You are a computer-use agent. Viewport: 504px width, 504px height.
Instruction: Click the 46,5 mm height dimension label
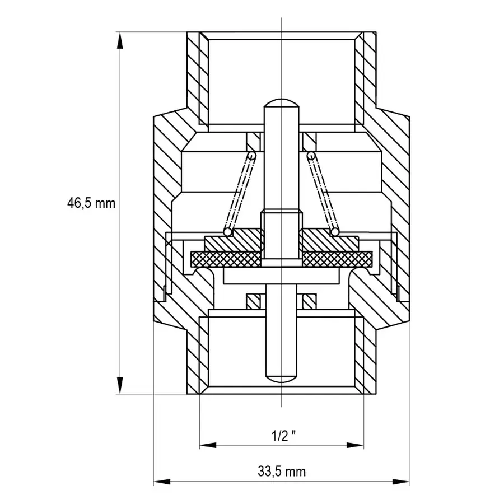coord(91,203)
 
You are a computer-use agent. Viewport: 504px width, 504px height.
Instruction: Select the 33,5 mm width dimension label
coord(282,472)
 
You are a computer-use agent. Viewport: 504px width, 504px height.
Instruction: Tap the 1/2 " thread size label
coord(283,436)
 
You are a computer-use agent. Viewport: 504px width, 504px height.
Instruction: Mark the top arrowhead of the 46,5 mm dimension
coord(120,40)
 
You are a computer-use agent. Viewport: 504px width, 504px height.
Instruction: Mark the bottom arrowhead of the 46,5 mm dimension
coord(120,385)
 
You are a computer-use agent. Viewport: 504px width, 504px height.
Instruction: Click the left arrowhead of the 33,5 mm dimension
coord(162,482)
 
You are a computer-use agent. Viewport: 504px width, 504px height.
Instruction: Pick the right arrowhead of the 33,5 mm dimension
coord(401,482)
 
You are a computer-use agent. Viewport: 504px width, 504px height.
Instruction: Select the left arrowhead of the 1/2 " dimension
coord(208,445)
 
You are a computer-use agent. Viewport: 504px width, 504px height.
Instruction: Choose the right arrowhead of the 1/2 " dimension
coord(355,445)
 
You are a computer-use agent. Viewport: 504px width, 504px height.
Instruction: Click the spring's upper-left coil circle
coord(253,156)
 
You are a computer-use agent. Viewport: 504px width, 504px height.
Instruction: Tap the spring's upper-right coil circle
coord(310,156)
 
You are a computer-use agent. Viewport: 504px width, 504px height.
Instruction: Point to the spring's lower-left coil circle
coord(228,232)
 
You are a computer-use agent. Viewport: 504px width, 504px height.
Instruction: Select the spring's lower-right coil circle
coord(335,232)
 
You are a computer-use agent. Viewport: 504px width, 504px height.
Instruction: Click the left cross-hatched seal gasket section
coord(226,259)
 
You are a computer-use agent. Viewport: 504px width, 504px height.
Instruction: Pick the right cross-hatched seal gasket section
coord(337,259)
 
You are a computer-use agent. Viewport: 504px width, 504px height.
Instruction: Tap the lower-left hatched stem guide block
coord(253,301)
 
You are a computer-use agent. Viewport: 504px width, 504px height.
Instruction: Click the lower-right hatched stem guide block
coord(310,301)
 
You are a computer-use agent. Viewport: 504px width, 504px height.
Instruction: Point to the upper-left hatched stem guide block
coord(253,142)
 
